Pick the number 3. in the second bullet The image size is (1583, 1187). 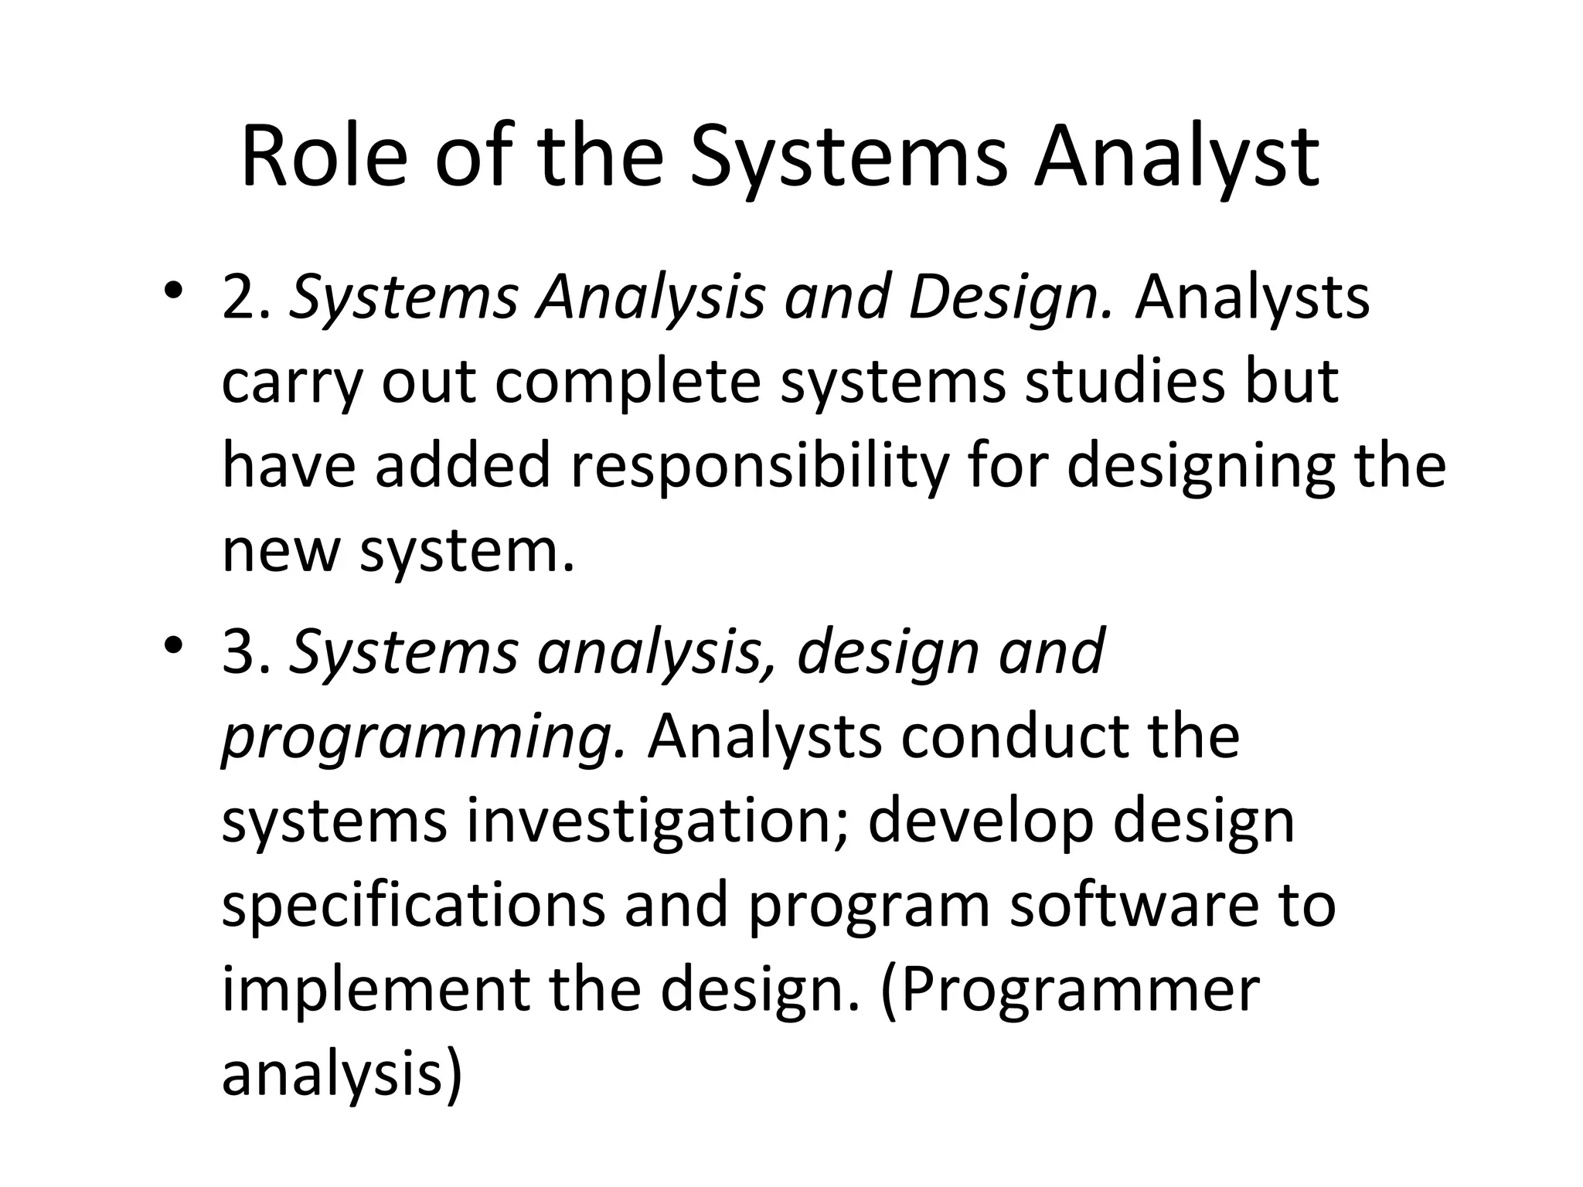coord(245,651)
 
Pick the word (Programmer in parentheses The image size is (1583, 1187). coord(1071,991)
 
